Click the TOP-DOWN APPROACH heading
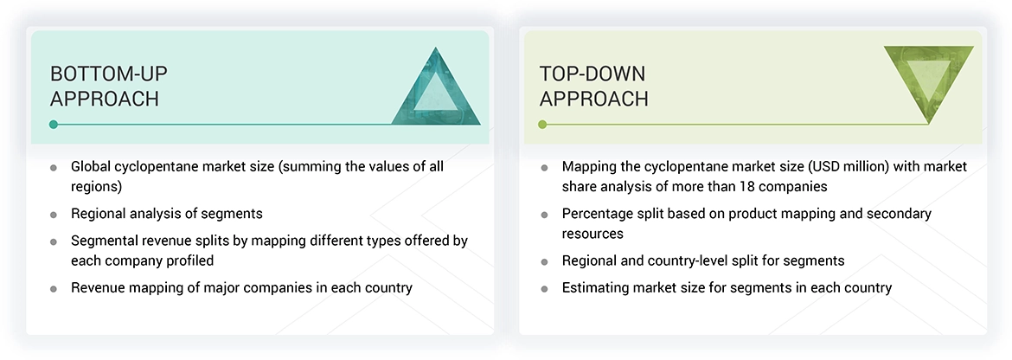coord(593,86)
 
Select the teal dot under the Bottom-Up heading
coord(54,125)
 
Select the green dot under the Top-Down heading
coord(542,125)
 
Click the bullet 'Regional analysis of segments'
coord(166,213)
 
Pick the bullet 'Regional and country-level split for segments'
coord(703,260)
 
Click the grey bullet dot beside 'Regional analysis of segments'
coord(54,214)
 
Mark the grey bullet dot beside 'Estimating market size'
coord(545,288)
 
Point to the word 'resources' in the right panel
coord(593,234)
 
